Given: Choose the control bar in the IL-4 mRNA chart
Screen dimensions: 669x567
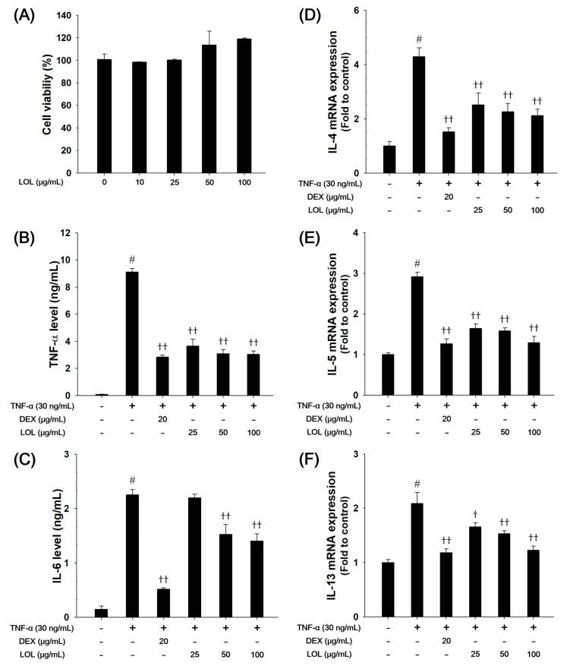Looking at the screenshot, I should (389, 159).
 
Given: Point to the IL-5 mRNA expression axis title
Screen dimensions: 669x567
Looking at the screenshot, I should (335, 314).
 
